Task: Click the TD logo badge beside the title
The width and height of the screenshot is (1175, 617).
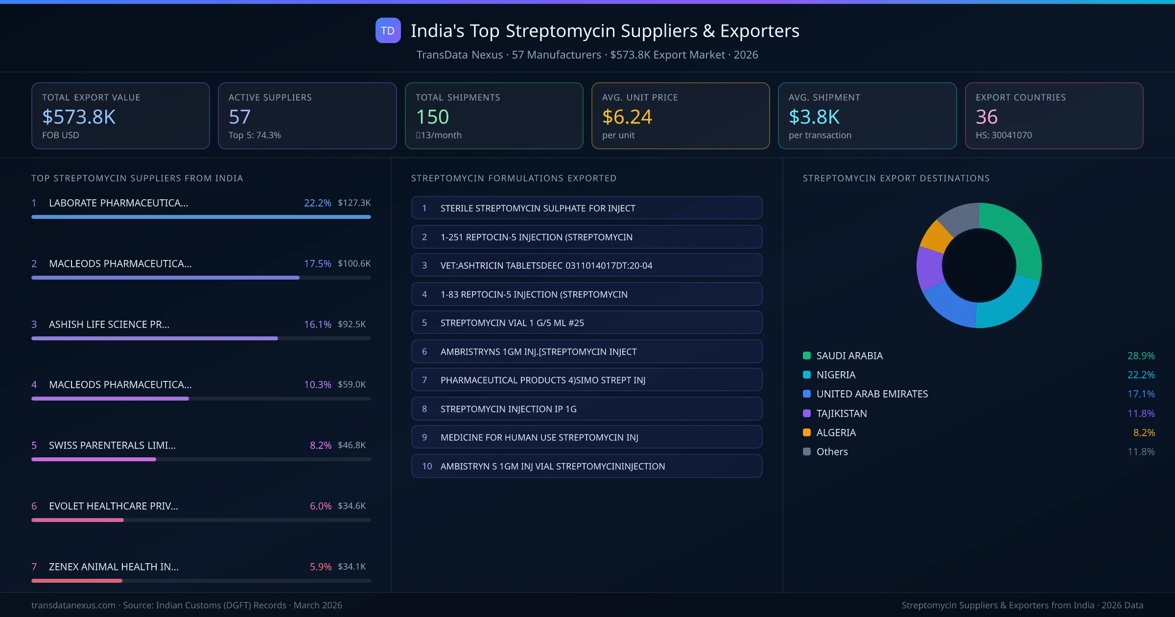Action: pos(388,30)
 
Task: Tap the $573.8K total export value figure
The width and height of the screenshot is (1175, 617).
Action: pos(79,117)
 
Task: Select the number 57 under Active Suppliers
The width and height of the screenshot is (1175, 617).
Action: pos(239,117)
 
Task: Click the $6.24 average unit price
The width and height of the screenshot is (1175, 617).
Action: pos(627,117)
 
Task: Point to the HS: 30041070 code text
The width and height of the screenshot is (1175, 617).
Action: pos(1003,135)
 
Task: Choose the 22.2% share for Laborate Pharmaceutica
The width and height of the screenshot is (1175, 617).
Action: pos(317,203)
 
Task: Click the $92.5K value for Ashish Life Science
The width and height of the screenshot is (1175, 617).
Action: pos(352,324)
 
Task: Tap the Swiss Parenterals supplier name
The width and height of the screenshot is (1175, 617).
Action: pos(112,445)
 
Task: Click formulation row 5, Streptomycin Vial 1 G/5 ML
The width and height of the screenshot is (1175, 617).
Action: pos(587,323)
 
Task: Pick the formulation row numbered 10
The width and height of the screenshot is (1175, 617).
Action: pos(587,466)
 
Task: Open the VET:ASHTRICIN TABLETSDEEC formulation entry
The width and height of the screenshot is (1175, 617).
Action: pos(587,265)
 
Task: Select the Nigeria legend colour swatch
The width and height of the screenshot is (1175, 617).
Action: pos(807,375)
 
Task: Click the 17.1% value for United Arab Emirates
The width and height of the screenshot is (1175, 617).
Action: pos(1141,394)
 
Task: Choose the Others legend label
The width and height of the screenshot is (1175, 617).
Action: pos(832,452)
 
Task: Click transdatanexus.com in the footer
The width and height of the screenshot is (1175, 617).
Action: pos(73,605)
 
